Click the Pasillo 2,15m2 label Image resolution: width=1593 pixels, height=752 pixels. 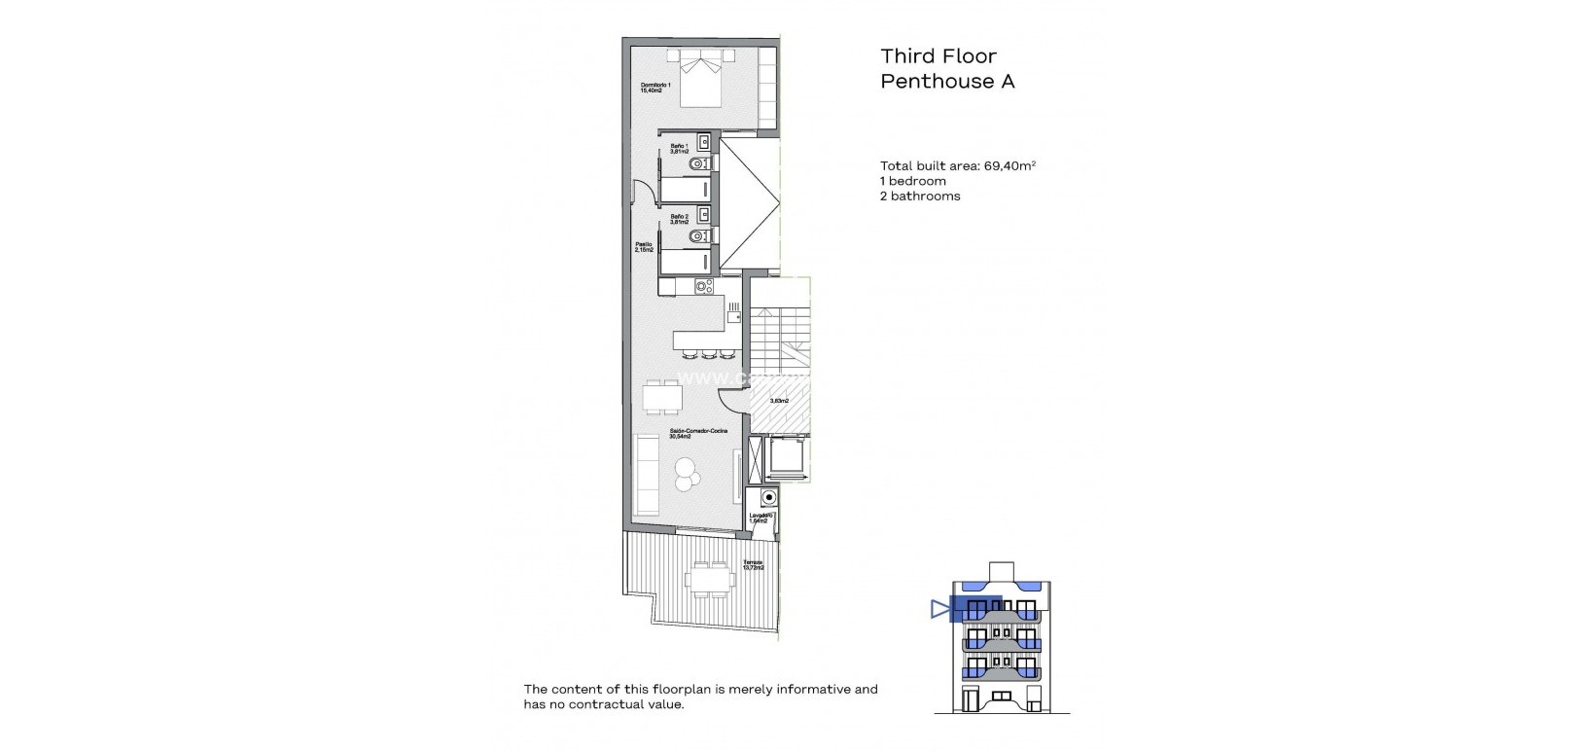point(644,247)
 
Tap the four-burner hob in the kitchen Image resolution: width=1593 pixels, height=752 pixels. point(703,287)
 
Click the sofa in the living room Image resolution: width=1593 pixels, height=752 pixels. point(648,474)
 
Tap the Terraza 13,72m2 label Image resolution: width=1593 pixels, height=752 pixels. point(753,565)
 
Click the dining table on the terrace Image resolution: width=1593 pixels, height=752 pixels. point(708,580)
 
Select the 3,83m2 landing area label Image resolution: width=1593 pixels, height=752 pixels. point(779,401)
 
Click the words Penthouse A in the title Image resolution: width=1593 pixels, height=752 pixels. point(947,81)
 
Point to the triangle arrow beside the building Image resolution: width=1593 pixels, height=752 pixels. point(939,610)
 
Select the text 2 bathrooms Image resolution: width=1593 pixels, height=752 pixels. point(920,196)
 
